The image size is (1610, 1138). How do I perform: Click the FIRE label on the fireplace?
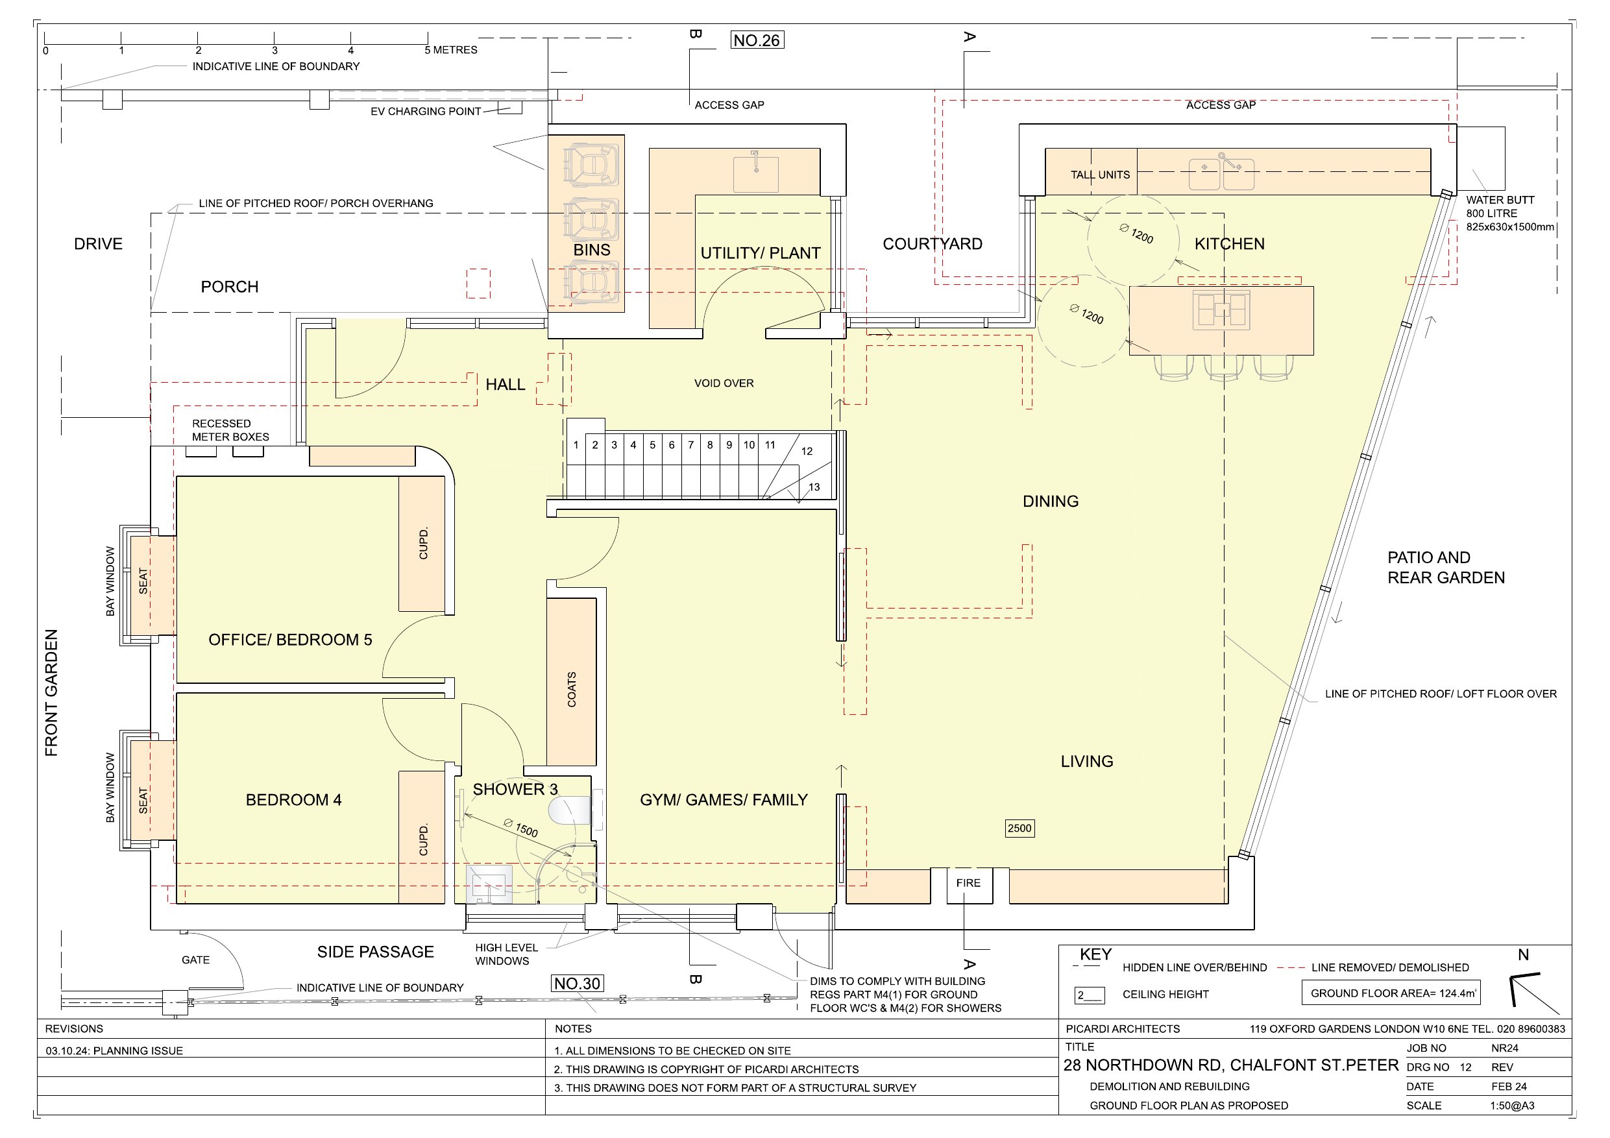tap(968, 883)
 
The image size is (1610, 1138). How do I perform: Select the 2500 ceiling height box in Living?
tap(1019, 828)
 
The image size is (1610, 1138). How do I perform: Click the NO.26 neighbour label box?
tap(757, 41)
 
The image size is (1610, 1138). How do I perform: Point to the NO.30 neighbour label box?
tap(577, 984)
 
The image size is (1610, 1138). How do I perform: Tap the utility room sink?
tap(756, 172)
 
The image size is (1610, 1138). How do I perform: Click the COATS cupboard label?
tap(572, 688)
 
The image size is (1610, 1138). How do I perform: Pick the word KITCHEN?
tap(1229, 244)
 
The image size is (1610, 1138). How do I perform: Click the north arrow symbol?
tap(1533, 993)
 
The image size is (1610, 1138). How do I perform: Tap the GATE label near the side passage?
tap(195, 960)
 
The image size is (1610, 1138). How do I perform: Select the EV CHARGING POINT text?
tap(426, 112)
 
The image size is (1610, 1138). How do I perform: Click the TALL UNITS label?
tap(1100, 175)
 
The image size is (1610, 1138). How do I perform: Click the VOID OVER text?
tap(724, 383)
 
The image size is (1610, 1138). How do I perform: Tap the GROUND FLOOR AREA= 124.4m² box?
tap(1391, 993)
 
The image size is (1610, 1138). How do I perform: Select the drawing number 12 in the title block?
tap(1465, 1067)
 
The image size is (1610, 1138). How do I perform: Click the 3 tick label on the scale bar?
tap(274, 51)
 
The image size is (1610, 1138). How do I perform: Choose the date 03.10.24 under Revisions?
tap(67, 1050)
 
